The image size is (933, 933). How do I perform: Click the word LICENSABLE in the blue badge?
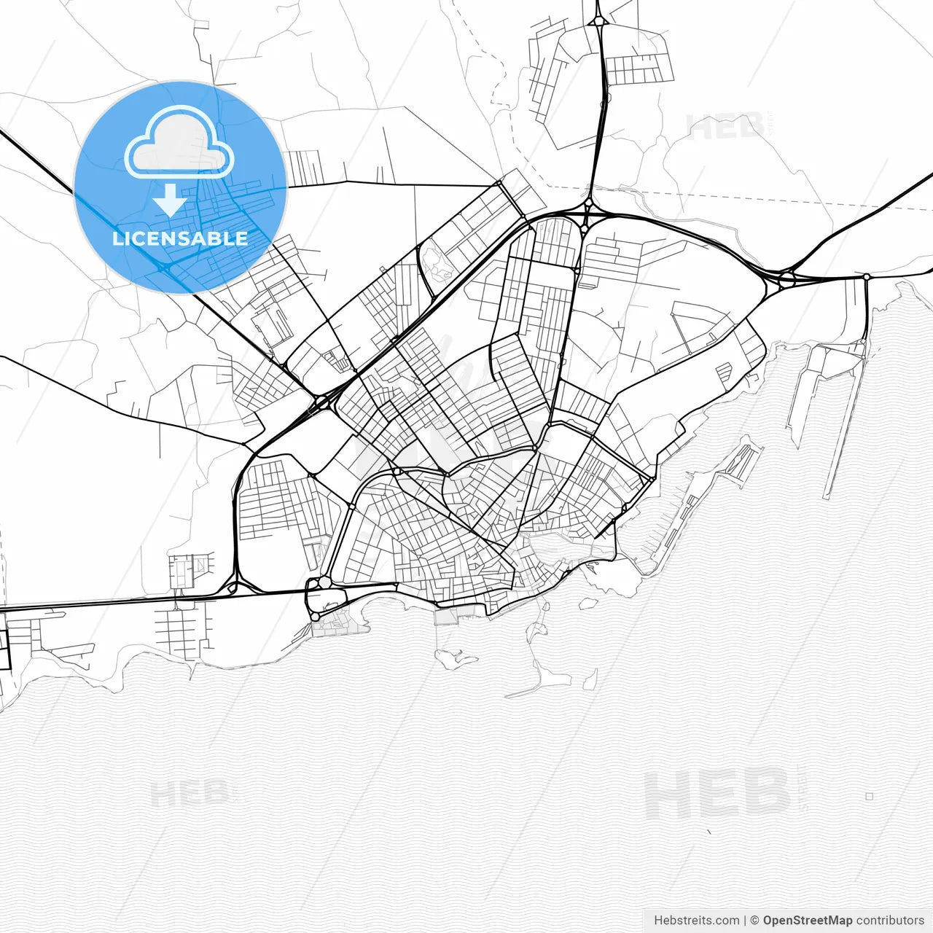180,238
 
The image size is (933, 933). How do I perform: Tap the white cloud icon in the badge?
179,143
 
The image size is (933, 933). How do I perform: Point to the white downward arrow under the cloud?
170,200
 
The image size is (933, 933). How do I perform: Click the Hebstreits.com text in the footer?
696,921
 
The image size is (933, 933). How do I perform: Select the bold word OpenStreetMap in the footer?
808,921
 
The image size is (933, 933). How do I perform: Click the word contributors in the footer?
890,921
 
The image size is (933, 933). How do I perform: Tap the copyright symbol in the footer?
755,921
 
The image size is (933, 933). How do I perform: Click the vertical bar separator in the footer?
746,921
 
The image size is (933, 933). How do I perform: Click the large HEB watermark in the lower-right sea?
718,795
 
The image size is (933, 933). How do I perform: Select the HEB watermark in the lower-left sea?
191,793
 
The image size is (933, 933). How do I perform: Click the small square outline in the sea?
869,797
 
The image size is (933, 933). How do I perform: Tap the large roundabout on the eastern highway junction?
786,278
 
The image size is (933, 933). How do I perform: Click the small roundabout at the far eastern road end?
866,277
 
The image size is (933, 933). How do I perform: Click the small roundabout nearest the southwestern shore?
315,617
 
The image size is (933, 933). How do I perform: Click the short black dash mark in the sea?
708,832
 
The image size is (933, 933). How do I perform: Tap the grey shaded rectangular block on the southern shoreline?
446,617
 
